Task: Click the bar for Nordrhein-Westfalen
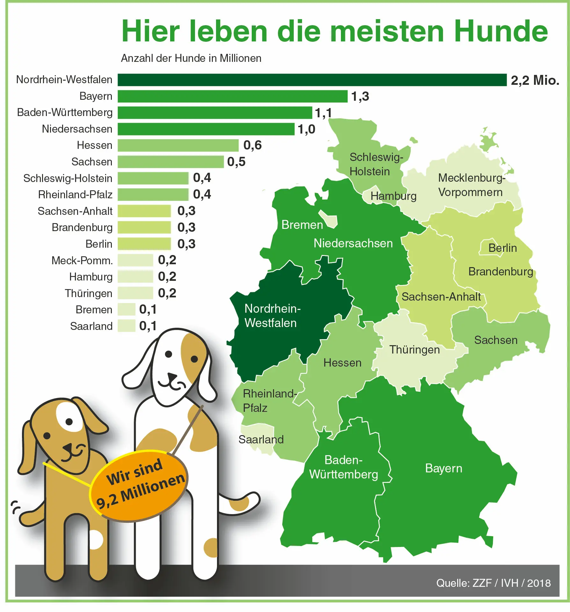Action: [x=312, y=80]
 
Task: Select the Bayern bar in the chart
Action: [x=232, y=96]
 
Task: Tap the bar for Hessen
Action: [x=178, y=145]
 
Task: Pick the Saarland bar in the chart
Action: [x=126, y=326]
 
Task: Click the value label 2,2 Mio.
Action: [x=535, y=80]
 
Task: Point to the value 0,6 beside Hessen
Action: [x=252, y=145]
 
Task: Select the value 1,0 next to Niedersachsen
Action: [x=306, y=129]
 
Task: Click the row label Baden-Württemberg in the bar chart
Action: [x=65, y=113]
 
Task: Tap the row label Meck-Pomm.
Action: [x=82, y=260]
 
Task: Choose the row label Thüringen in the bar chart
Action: [x=89, y=293]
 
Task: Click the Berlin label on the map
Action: [x=502, y=248]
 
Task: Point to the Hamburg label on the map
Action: [x=393, y=196]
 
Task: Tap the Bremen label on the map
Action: [x=302, y=225]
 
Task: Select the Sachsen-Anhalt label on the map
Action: [x=441, y=297]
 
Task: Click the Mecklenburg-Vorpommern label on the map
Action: [x=471, y=185]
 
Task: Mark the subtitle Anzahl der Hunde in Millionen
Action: [x=191, y=58]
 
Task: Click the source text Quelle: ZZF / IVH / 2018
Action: [x=493, y=583]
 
